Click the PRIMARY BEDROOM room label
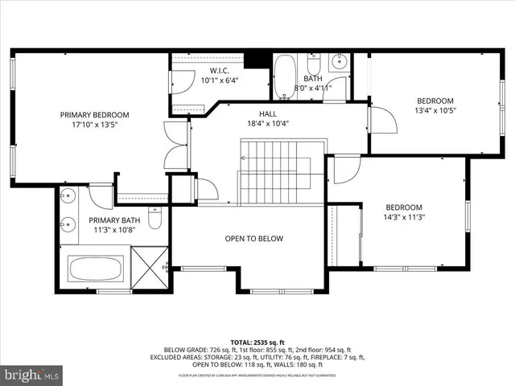pos(94,115)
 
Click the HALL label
pos(267,113)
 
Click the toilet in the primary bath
pos(155,218)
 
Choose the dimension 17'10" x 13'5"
pos(94,125)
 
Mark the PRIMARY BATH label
pos(113,220)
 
